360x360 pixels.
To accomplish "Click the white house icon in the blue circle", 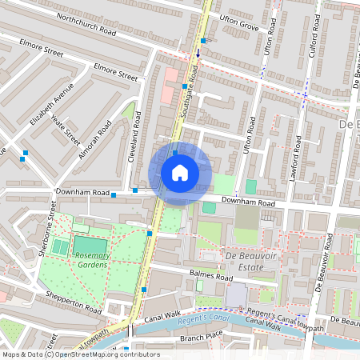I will tap(180, 173).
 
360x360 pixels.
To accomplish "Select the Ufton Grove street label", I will tap(239, 27).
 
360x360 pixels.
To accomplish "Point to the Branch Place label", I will tap(200, 339).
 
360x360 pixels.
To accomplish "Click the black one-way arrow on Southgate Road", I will tap(198, 55).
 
